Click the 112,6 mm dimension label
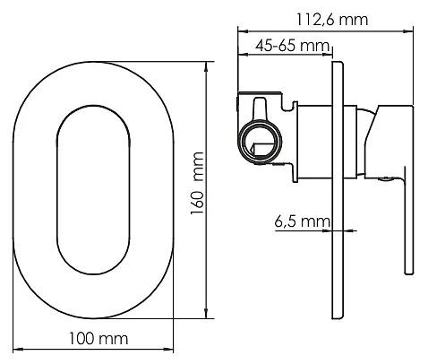332,20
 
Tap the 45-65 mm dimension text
293,46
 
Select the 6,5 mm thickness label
303,221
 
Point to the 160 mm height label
197,183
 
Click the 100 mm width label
98,339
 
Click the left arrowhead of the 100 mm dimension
18,349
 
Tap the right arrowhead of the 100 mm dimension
168,349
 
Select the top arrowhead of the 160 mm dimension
206,66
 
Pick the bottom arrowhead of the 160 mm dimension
206,313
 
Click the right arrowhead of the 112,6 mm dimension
408,31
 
